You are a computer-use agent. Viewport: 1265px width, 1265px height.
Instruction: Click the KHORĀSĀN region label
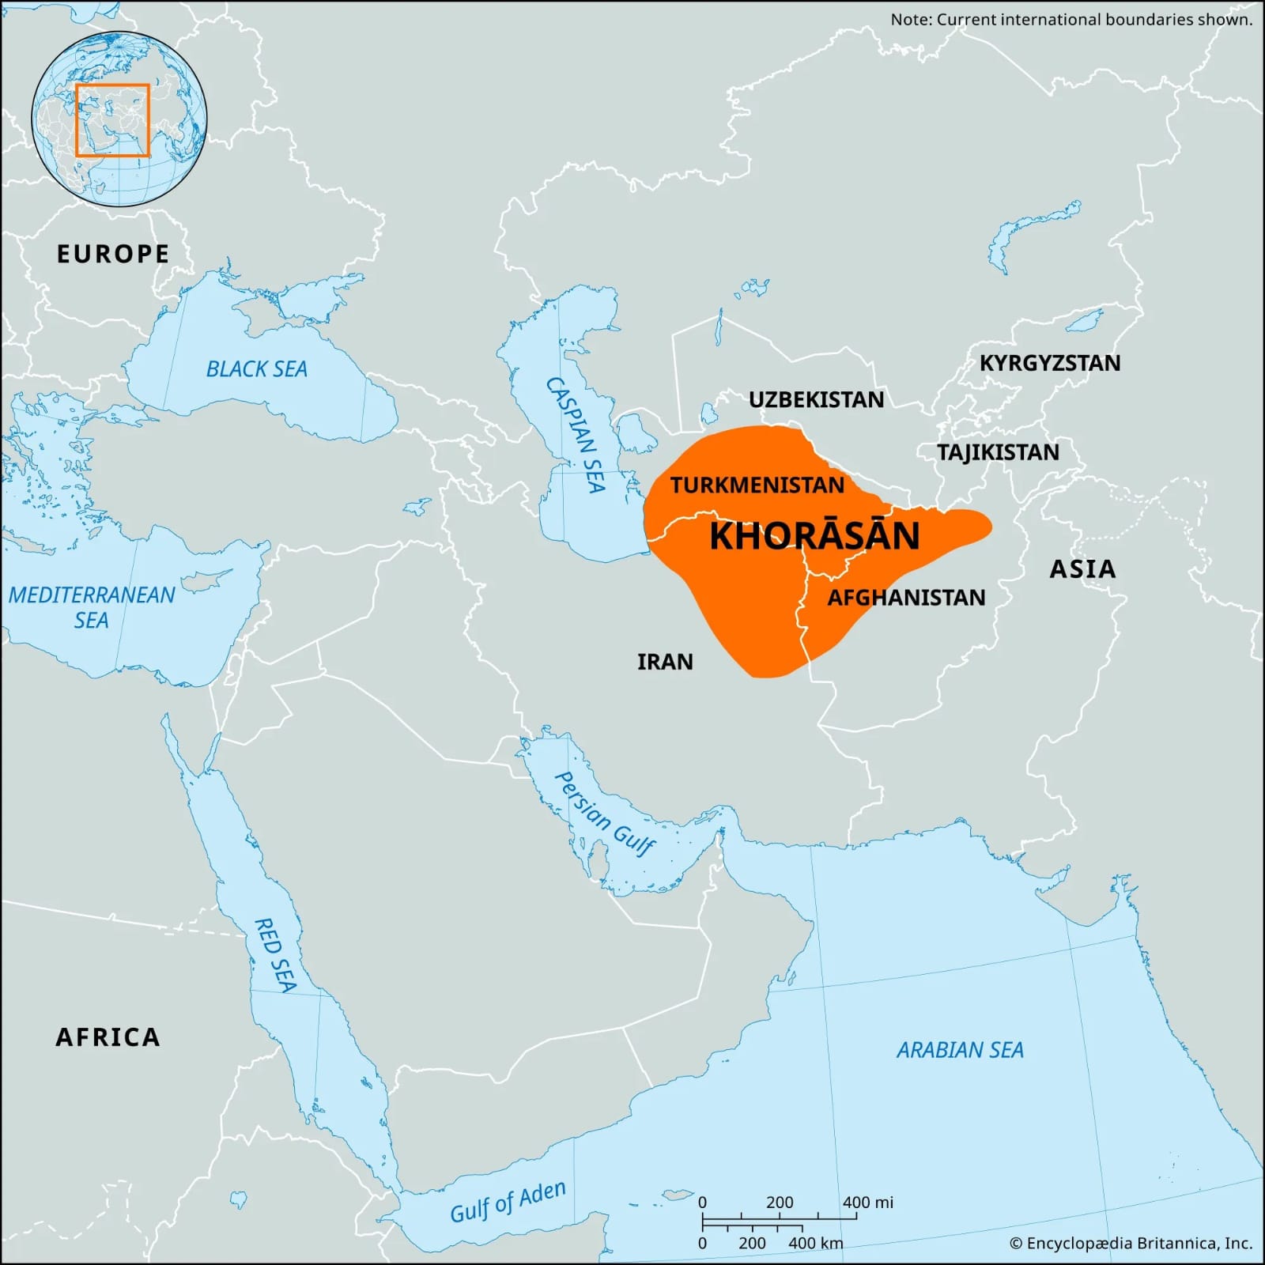tap(814, 536)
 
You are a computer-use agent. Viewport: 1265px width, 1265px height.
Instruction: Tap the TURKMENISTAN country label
tap(757, 485)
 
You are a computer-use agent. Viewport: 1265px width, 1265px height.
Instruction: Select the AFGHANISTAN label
tap(906, 597)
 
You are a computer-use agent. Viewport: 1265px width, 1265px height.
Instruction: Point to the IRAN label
tap(665, 662)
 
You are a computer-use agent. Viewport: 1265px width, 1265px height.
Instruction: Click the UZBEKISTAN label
tap(816, 399)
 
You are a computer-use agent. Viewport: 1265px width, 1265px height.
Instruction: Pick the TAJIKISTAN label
tap(998, 452)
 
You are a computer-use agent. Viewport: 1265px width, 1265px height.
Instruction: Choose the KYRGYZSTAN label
tap(1050, 363)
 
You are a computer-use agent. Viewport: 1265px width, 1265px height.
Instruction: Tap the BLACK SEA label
tap(256, 369)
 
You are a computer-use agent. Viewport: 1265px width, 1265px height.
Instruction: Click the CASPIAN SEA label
tap(576, 434)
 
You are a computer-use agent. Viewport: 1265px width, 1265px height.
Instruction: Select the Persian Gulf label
tap(605, 814)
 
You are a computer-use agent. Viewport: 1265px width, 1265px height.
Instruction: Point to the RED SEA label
tap(274, 955)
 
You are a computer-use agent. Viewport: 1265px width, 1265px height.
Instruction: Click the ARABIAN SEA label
tap(960, 1050)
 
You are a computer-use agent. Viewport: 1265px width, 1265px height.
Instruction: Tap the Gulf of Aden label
tap(508, 1202)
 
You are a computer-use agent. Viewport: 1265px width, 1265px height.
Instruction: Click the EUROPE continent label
tap(113, 254)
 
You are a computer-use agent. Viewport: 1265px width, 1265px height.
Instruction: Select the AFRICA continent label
tap(108, 1037)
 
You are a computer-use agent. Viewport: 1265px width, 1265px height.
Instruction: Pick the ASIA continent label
tap(1082, 568)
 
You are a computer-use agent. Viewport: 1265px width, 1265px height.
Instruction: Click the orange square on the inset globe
tap(112, 120)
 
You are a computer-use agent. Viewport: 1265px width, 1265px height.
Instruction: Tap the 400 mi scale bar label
tap(867, 1203)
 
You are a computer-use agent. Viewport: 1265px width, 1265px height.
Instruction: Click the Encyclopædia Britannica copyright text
tap(1131, 1244)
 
